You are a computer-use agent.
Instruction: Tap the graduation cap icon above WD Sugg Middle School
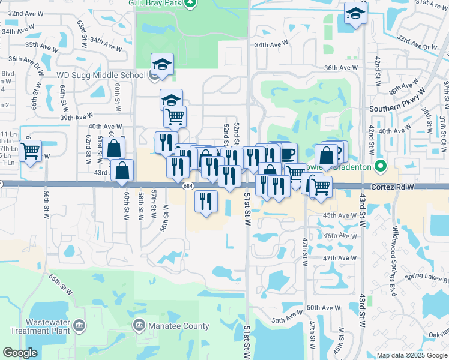pos(161,64)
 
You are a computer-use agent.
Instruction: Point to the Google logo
pos(20,353)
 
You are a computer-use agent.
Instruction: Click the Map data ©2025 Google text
pos(412,355)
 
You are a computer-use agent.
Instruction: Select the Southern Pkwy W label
pos(397,109)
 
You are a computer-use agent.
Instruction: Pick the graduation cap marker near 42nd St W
pos(356,14)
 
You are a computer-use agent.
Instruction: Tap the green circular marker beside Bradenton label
pos(379,165)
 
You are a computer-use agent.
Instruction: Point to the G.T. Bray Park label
pos(155,2)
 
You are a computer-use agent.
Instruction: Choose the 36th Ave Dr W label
pos(26,60)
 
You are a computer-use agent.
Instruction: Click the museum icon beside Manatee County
pos(139,326)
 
